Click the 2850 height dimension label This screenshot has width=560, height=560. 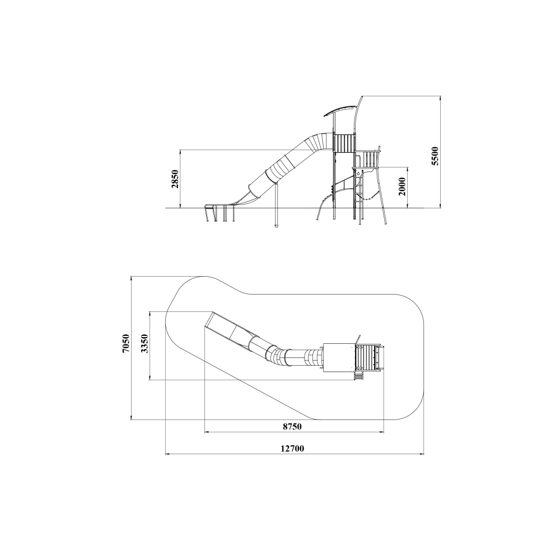pyautogui.click(x=175, y=179)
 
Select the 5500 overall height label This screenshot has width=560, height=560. pyautogui.click(x=435, y=156)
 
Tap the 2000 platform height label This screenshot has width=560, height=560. pyautogui.click(x=402, y=186)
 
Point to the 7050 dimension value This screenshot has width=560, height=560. pyautogui.click(x=125, y=344)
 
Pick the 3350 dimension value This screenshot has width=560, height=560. pyautogui.click(x=144, y=344)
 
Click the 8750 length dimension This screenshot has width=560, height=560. pyautogui.click(x=292, y=426)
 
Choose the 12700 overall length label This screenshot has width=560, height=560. pyautogui.click(x=292, y=449)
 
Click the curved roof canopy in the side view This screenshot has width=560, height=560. pyautogui.click(x=340, y=110)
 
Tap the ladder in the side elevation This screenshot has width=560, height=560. pyautogui.click(x=359, y=195)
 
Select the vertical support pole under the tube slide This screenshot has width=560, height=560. pyautogui.click(x=276, y=206)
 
